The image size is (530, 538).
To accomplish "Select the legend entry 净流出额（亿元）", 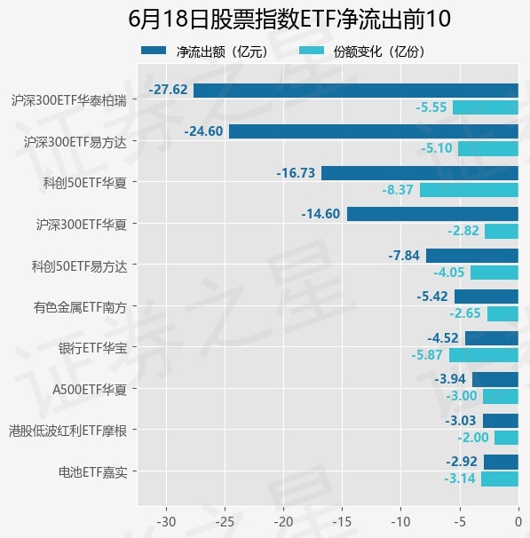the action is click(205, 51).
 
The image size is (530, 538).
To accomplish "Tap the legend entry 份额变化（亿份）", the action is click(362, 51).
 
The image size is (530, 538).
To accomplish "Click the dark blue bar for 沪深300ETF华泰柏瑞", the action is click(356, 91).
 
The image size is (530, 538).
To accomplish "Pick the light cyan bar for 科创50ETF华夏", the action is click(469, 190).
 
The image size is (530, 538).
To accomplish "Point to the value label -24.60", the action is click(203, 131).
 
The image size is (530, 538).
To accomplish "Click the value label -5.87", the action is click(427, 355).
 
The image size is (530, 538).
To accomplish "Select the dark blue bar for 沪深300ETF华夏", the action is click(432, 214).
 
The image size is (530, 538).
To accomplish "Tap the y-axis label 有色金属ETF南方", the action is click(80, 307).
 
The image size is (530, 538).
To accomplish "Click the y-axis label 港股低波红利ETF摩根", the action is click(68, 431).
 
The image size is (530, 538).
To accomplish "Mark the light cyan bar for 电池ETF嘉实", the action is click(500, 479).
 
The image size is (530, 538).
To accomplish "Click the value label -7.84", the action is click(404, 256).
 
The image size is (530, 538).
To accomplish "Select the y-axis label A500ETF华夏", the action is click(90, 390).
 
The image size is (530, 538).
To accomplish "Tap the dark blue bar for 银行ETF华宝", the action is click(492, 338).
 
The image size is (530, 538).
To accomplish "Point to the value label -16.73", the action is click(296, 172).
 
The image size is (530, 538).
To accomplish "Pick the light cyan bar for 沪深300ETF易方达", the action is click(488, 149).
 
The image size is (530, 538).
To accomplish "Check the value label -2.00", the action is click(472, 438).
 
